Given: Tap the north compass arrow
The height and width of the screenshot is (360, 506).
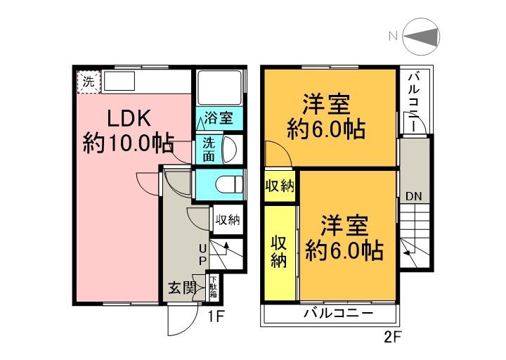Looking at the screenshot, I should [421, 37].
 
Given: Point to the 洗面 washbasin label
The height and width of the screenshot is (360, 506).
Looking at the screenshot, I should [209, 148].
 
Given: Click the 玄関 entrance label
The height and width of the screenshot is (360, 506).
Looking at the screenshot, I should [181, 287].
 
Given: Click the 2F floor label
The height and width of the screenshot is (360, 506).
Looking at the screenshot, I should [394, 337].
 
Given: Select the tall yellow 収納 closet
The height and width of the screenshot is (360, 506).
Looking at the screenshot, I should [280, 251].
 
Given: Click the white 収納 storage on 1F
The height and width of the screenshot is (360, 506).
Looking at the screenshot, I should [227, 219].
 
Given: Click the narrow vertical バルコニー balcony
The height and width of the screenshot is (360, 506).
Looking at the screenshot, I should [415, 102].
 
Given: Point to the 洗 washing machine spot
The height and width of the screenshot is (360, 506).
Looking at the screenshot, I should [88, 81].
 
